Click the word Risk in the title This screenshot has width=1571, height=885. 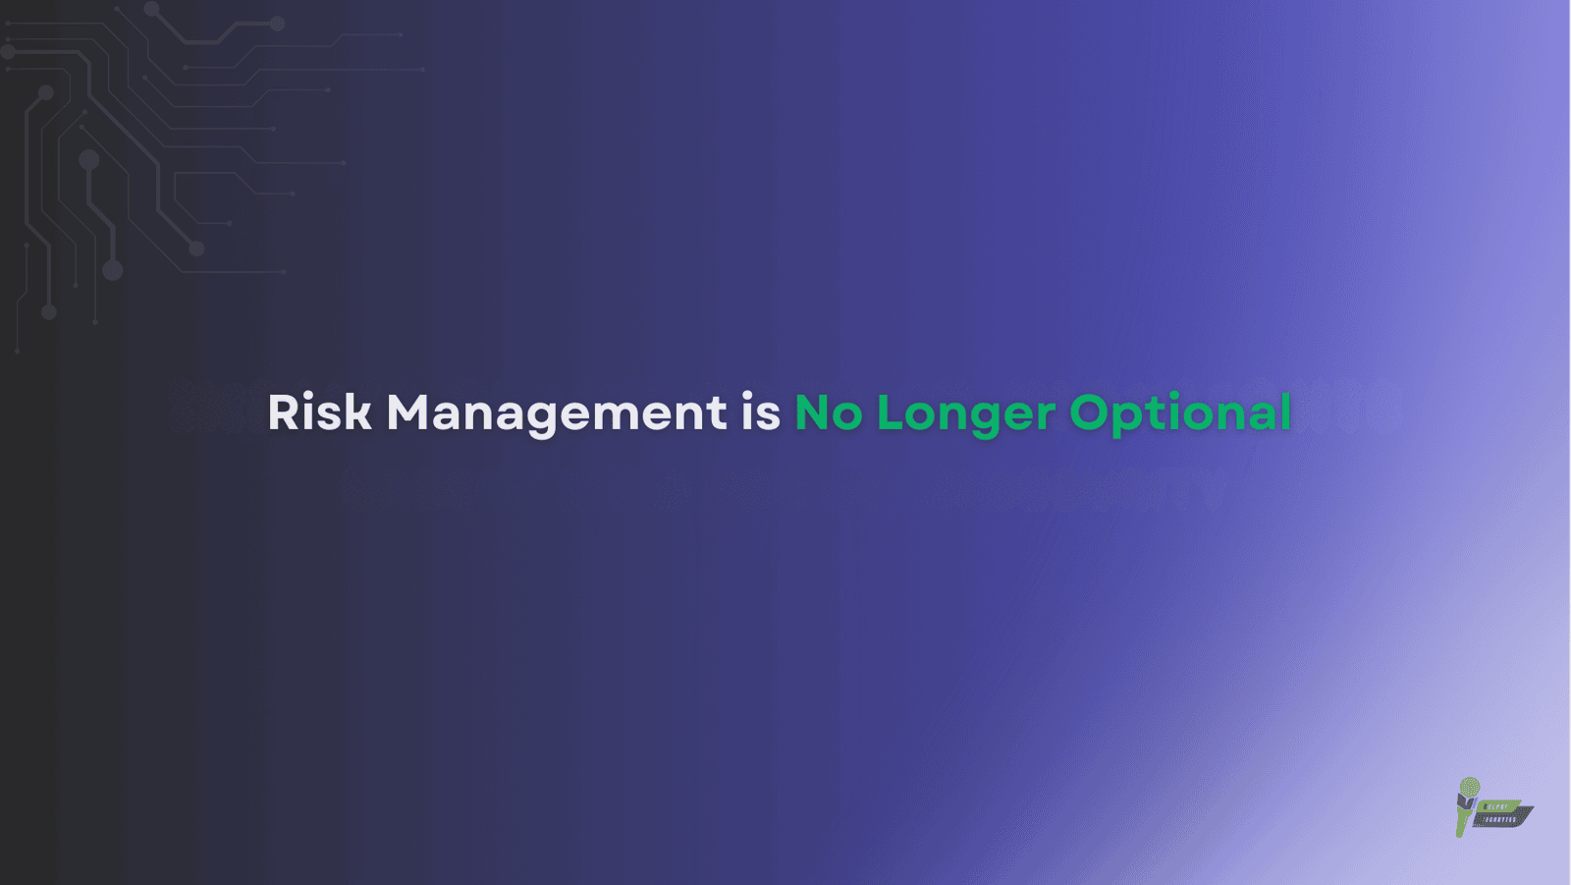click(x=319, y=412)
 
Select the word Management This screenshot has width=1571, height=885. click(x=556, y=412)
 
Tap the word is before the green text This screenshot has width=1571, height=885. click(x=760, y=412)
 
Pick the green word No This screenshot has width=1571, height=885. click(x=828, y=412)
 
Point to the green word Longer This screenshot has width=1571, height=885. click(x=965, y=414)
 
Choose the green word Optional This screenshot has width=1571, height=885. click(x=1179, y=414)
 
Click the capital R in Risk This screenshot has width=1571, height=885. click(x=283, y=412)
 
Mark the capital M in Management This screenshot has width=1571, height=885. click(x=406, y=412)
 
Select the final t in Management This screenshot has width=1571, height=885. click(x=718, y=412)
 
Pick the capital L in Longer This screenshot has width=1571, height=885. click(x=889, y=412)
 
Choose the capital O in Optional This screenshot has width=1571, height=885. click(x=1089, y=412)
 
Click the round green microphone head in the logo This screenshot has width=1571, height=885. click(x=1470, y=787)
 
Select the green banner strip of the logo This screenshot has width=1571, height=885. click(x=1499, y=805)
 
